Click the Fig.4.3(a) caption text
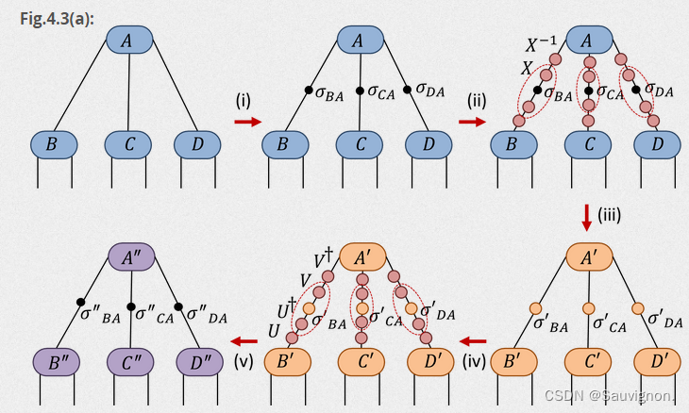(56, 18)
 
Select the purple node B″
(55, 362)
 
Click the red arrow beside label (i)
(248, 122)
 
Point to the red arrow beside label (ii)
(472, 122)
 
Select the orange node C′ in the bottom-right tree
(589, 362)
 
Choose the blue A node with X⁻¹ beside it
(587, 41)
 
